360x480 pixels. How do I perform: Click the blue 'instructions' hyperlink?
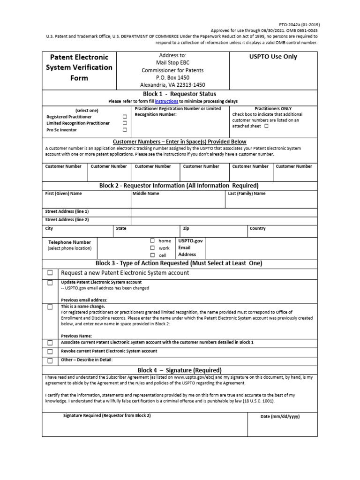(x=166, y=101)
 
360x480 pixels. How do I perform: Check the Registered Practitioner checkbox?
(x=125, y=117)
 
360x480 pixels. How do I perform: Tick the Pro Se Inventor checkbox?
(x=125, y=130)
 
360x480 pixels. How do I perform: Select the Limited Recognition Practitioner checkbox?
(x=125, y=123)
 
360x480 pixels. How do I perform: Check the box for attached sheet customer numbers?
(x=266, y=126)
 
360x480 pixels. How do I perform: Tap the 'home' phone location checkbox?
(x=152, y=241)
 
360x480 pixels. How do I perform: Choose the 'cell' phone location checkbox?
(x=152, y=255)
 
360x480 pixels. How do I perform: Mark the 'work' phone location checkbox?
(x=152, y=248)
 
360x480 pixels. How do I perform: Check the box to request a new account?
(x=50, y=273)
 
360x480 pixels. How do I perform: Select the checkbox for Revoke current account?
(x=50, y=352)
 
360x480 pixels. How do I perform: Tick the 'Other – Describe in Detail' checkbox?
(x=50, y=360)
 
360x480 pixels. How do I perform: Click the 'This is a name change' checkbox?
(x=50, y=307)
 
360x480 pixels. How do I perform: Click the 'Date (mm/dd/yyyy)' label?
(x=280, y=417)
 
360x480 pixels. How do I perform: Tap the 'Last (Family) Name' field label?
(x=247, y=193)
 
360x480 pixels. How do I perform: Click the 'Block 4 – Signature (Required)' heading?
(x=180, y=370)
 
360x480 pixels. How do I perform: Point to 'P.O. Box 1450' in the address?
(x=172, y=78)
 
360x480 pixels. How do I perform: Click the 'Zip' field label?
(x=186, y=228)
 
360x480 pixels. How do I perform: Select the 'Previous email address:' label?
(x=84, y=300)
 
